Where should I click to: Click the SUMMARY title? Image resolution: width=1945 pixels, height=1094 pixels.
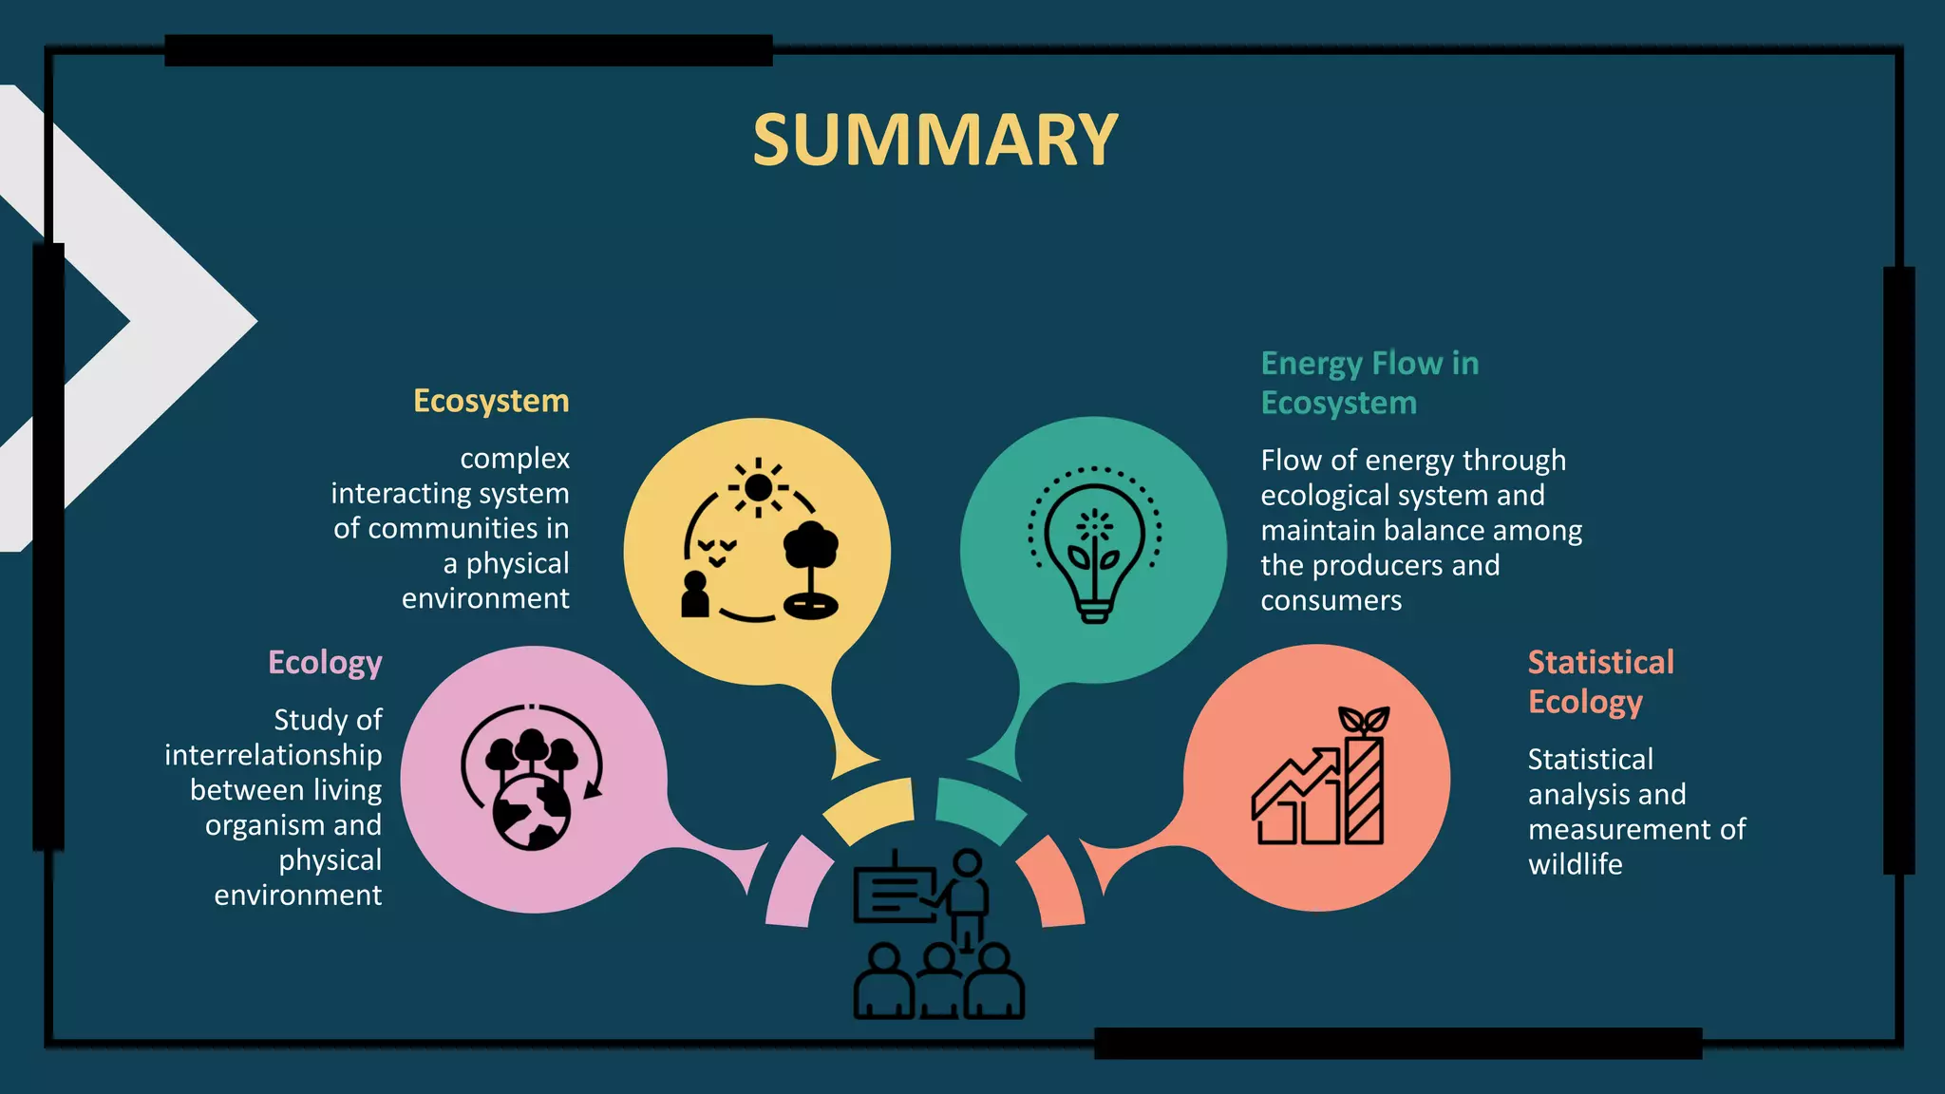pyautogui.click(x=935, y=141)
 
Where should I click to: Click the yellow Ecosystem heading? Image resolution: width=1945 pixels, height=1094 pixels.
pyautogui.click(x=491, y=401)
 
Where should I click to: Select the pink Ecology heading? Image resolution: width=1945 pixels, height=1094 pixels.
pyautogui.click(x=325, y=662)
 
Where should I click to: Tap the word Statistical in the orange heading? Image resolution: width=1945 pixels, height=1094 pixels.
pyautogui.click(x=1600, y=662)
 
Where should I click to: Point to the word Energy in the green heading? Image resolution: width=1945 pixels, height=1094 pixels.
pyautogui.click(x=1312, y=364)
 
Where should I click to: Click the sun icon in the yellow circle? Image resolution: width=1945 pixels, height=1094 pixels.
pyautogui.click(x=758, y=487)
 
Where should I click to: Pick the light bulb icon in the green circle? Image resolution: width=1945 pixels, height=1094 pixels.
pyautogui.click(x=1094, y=551)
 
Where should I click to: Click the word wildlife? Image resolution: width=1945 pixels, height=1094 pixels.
pyautogui.click(x=1575, y=864)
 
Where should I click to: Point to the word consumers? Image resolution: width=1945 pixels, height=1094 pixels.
pyautogui.click(x=1331, y=601)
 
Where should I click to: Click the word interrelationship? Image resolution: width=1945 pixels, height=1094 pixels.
pyautogui.click(x=274, y=755)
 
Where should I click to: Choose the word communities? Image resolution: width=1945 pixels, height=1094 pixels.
pyautogui.click(x=452, y=528)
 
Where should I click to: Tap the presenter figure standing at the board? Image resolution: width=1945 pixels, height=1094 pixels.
pyautogui.click(x=967, y=893)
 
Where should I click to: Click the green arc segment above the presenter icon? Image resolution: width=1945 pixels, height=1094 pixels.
pyautogui.click(x=978, y=807)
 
